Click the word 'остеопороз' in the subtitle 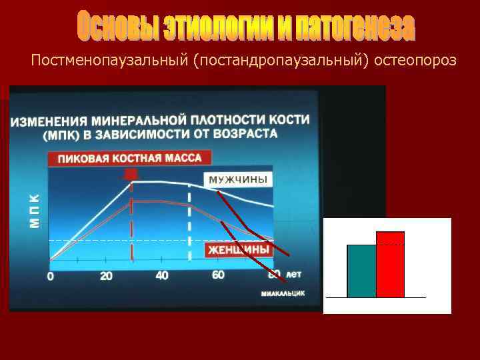[x=416, y=61]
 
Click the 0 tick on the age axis [x=51, y=276]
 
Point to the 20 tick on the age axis [x=106, y=276]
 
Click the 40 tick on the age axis [x=161, y=275]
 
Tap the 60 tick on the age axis [x=218, y=275]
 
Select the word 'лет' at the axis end [x=294, y=274]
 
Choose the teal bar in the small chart [x=361, y=271]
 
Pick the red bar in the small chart [x=390, y=264]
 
